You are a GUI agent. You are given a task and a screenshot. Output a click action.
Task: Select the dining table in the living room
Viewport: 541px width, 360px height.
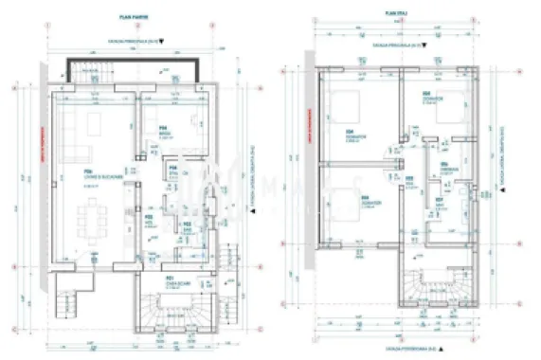click(x=95, y=225)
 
